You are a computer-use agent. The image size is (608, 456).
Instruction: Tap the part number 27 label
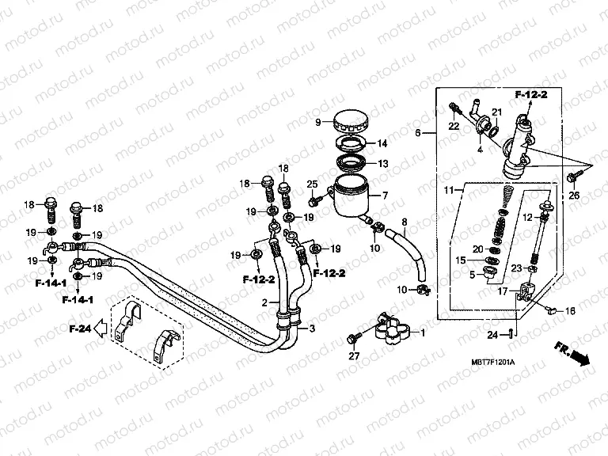pyautogui.click(x=355, y=356)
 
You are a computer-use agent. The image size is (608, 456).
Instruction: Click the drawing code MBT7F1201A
pyautogui.click(x=492, y=362)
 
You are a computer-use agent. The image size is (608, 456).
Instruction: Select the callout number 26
pyautogui.click(x=575, y=196)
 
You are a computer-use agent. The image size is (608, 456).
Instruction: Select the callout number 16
pyautogui.click(x=569, y=313)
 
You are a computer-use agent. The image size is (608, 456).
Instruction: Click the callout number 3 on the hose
pyautogui.click(x=311, y=328)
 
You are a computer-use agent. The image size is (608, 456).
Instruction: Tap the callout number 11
pyautogui.click(x=447, y=191)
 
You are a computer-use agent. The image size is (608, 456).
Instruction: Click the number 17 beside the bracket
pyautogui.click(x=501, y=291)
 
